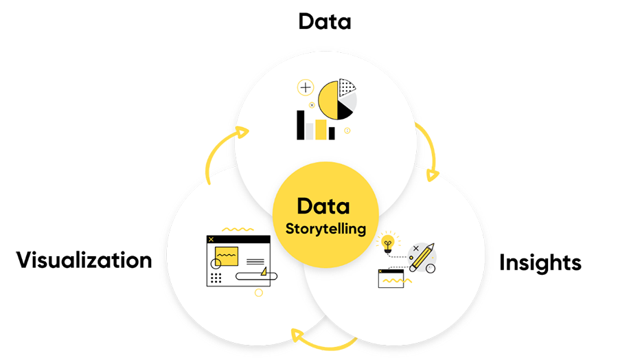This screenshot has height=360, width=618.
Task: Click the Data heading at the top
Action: point(324,21)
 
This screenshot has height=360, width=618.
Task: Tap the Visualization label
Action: point(84,260)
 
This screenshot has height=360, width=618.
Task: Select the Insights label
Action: point(540,262)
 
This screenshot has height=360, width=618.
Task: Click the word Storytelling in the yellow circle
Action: point(325,229)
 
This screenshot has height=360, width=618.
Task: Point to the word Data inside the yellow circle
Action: point(323,206)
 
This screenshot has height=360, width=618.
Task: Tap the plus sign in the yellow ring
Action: point(306,87)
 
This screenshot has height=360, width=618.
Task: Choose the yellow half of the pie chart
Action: point(329,100)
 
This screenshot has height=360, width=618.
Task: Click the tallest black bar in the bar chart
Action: point(300,125)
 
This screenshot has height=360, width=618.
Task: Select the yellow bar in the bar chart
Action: point(321,129)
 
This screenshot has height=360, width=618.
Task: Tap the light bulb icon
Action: point(388,243)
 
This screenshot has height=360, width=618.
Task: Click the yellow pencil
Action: point(422,257)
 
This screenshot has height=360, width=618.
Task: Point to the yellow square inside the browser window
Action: point(227,256)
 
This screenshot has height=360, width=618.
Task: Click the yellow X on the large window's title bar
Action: point(211,239)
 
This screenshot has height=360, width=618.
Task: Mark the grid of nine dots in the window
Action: point(216,278)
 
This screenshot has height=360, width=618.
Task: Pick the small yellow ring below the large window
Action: point(259,293)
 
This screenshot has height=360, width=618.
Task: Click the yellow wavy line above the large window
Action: point(238,229)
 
